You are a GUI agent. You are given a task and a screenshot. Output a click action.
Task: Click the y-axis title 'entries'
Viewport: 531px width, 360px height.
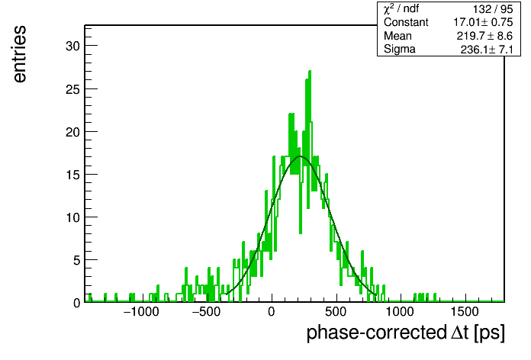[20, 54]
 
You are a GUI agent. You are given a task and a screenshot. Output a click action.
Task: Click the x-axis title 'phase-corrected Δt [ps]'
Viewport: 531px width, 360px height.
[406, 333]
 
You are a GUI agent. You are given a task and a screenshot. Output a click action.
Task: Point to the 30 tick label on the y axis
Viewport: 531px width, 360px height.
[72, 46]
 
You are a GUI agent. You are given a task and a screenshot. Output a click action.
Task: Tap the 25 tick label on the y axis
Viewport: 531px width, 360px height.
[72, 89]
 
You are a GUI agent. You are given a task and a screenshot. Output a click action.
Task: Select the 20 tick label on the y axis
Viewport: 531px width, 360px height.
[72, 132]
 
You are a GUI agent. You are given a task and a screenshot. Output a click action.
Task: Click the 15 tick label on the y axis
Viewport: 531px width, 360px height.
[72, 175]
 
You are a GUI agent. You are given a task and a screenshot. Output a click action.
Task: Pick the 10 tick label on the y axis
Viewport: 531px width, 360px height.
[72, 217]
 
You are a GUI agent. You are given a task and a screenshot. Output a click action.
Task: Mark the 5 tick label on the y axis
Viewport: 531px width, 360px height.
[76, 260]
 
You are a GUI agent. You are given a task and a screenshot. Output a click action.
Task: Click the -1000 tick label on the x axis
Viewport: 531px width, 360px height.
[141, 312]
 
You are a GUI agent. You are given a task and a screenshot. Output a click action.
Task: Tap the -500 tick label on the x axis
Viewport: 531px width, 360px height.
[206, 312]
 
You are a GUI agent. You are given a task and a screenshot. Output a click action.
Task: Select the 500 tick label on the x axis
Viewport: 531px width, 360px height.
[336, 312]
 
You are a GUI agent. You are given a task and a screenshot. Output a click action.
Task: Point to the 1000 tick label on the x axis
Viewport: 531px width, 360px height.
[401, 312]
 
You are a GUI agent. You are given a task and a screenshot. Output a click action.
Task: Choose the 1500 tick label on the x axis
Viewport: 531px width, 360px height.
[465, 312]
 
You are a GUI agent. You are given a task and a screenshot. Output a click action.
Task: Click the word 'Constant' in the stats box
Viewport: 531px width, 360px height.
[406, 22]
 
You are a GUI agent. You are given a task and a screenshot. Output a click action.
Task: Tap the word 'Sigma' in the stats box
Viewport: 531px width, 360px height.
[400, 50]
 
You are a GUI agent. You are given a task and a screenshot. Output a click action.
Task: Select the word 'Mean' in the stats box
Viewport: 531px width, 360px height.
[397, 36]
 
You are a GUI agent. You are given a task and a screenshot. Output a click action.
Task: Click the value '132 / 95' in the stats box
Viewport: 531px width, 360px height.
[493, 9]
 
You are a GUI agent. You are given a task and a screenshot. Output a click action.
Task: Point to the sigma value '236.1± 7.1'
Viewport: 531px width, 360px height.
[487, 50]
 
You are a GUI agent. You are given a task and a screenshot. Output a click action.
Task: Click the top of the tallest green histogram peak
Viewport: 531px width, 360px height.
[310, 71]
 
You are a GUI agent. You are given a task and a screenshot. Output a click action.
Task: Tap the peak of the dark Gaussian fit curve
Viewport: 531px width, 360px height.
[300, 156]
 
